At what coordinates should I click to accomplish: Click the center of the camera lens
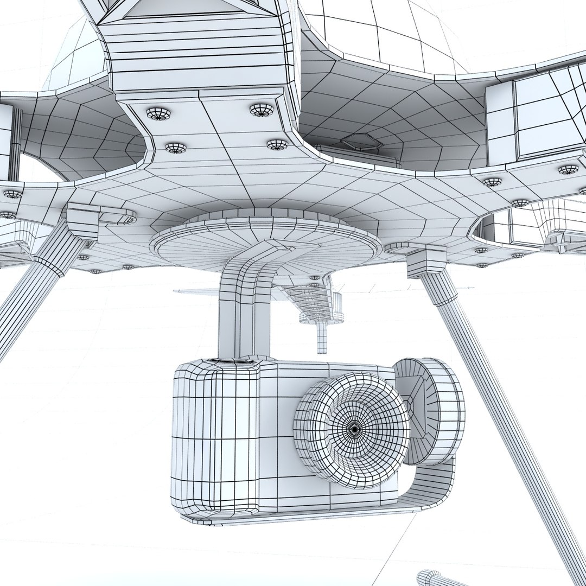tap(354, 429)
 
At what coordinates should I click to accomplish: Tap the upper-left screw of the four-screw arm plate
tap(158, 113)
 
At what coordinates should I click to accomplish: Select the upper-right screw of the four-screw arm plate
tap(262, 110)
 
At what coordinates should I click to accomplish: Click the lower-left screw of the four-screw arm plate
tap(175, 148)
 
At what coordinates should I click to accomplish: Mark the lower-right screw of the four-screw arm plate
tap(277, 144)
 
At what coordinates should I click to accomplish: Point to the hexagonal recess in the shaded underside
tap(360, 142)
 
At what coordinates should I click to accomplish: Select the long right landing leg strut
tap(505, 412)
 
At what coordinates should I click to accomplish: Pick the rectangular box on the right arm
tap(534, 117)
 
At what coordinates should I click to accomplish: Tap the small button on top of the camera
tap(233, 360)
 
